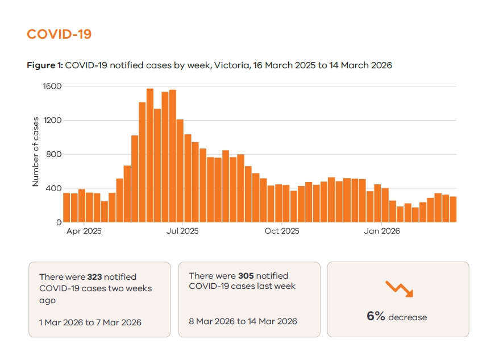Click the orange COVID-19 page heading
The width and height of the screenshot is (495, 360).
pyautogui.click(x=59, y=34)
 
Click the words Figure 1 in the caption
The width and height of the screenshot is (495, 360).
pyautogui.click(x=44, y=65)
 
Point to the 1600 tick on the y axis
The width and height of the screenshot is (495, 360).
pyautogui.click(x=52, y=86)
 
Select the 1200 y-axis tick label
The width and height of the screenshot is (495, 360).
pyautogui.click(x=52, y=121)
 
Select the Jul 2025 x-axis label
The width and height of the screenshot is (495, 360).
pyautogui.click(x=182, y=231)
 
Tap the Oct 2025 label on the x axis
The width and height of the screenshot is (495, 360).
pyautogui.click(x=282, y=231)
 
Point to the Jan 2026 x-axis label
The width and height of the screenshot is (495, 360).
pyautogui.click(x=382, y=231)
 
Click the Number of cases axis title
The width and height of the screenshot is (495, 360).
pyautogui.click(x=36, y=152)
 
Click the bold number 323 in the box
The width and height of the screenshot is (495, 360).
pyautogui.click(x=94, y=277)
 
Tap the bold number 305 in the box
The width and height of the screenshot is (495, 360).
pyautogui.click(x=246, y=275)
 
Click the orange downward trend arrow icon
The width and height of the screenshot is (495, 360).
pyautogui.click(x=399, y=288)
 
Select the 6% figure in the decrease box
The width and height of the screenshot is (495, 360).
pyautogui.click(x=376, y=316)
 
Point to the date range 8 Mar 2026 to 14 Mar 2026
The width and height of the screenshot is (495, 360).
pyautogui.click(x=243, y=321)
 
